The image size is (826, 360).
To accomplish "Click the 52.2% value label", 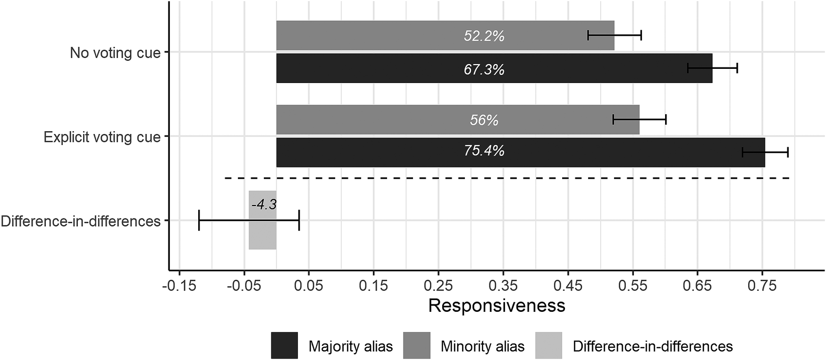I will [484, 36].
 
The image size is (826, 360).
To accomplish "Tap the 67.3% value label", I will [484, 69].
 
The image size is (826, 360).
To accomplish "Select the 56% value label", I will [484, 120].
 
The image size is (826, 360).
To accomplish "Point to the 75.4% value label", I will [484, 151].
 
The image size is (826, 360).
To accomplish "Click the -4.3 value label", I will [264, 205].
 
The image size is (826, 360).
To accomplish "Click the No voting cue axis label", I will [115, 52].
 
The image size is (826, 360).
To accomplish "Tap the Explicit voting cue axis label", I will [102, 137].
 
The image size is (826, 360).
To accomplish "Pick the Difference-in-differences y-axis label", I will [81, 221].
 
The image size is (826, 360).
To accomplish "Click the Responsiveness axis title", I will [497, 306].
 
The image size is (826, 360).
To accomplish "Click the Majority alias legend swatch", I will [285, 345].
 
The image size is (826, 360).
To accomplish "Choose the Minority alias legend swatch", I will [417, 345].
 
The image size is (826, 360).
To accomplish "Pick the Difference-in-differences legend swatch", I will [549, 345].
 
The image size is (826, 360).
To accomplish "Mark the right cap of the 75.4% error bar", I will [788, 152].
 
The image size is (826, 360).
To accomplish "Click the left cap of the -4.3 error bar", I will [199, 220].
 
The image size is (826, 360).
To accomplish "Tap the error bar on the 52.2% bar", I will [614, 35].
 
